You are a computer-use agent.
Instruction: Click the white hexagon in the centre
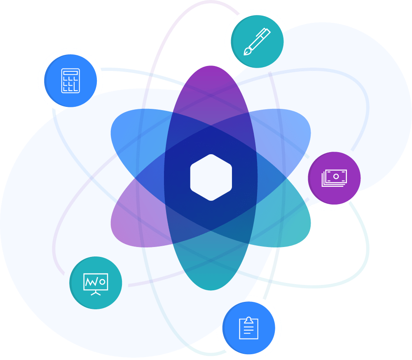pyautogui.click(x=211, y=177)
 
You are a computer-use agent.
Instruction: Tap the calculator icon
pyautogui.click(x=70, y=80)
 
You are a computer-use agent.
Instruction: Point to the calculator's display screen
pyautogui.click(x=70, y=73)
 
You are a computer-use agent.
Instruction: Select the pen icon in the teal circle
pyautogui.click(x=257, y=41)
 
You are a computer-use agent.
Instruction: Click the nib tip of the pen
pyautogui.click(x=246, y=52)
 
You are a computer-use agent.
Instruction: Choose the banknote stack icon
pyautogui.click(x=334, y=178)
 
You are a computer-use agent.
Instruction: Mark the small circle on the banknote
pyautogui.click(x=336, y=176)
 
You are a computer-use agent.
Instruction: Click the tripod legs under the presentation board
pyautogui.click(x=96, y=293)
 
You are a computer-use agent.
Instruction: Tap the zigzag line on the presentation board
pyautogui.click(x=92, y=282)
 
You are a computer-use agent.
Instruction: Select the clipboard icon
pyautogui.click(x=248, y=328)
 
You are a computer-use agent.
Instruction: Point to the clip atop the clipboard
pyautogui.click(x=248, y=319)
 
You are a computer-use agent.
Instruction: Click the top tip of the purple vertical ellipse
pyautogui.click(x=211, y=68)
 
